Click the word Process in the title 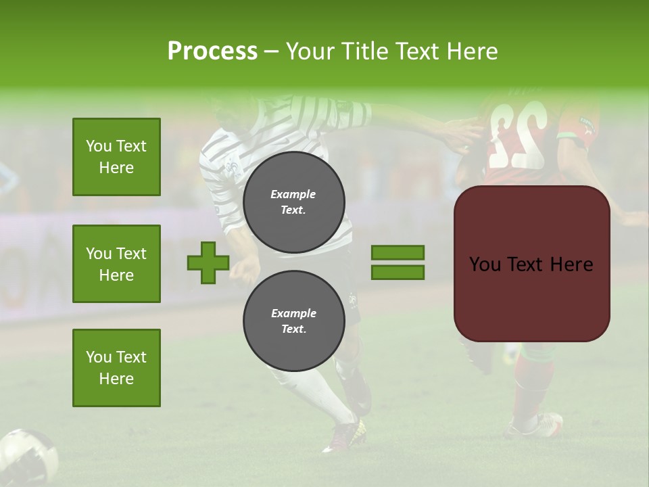pyautogui.click(x=212, y=51)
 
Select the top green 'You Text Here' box pyautogui.click(x=116, y=157)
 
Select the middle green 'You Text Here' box pyautogui.click(x=116, y=264)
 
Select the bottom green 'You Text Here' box pyautogui.click(x=116, y=368)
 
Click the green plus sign pyautogui.click(x=208, y=263)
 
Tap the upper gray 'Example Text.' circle pyautogui.click(x=293, y=202)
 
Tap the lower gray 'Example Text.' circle pyautogui.click(x=293, y=321)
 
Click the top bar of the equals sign pyautogui.click(x=398, y=253)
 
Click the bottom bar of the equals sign pyautogui.click(x=398, y=273)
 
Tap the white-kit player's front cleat pyautogui.click(x=343, y=436)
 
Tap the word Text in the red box pyautogui.click(x=529, y=264)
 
